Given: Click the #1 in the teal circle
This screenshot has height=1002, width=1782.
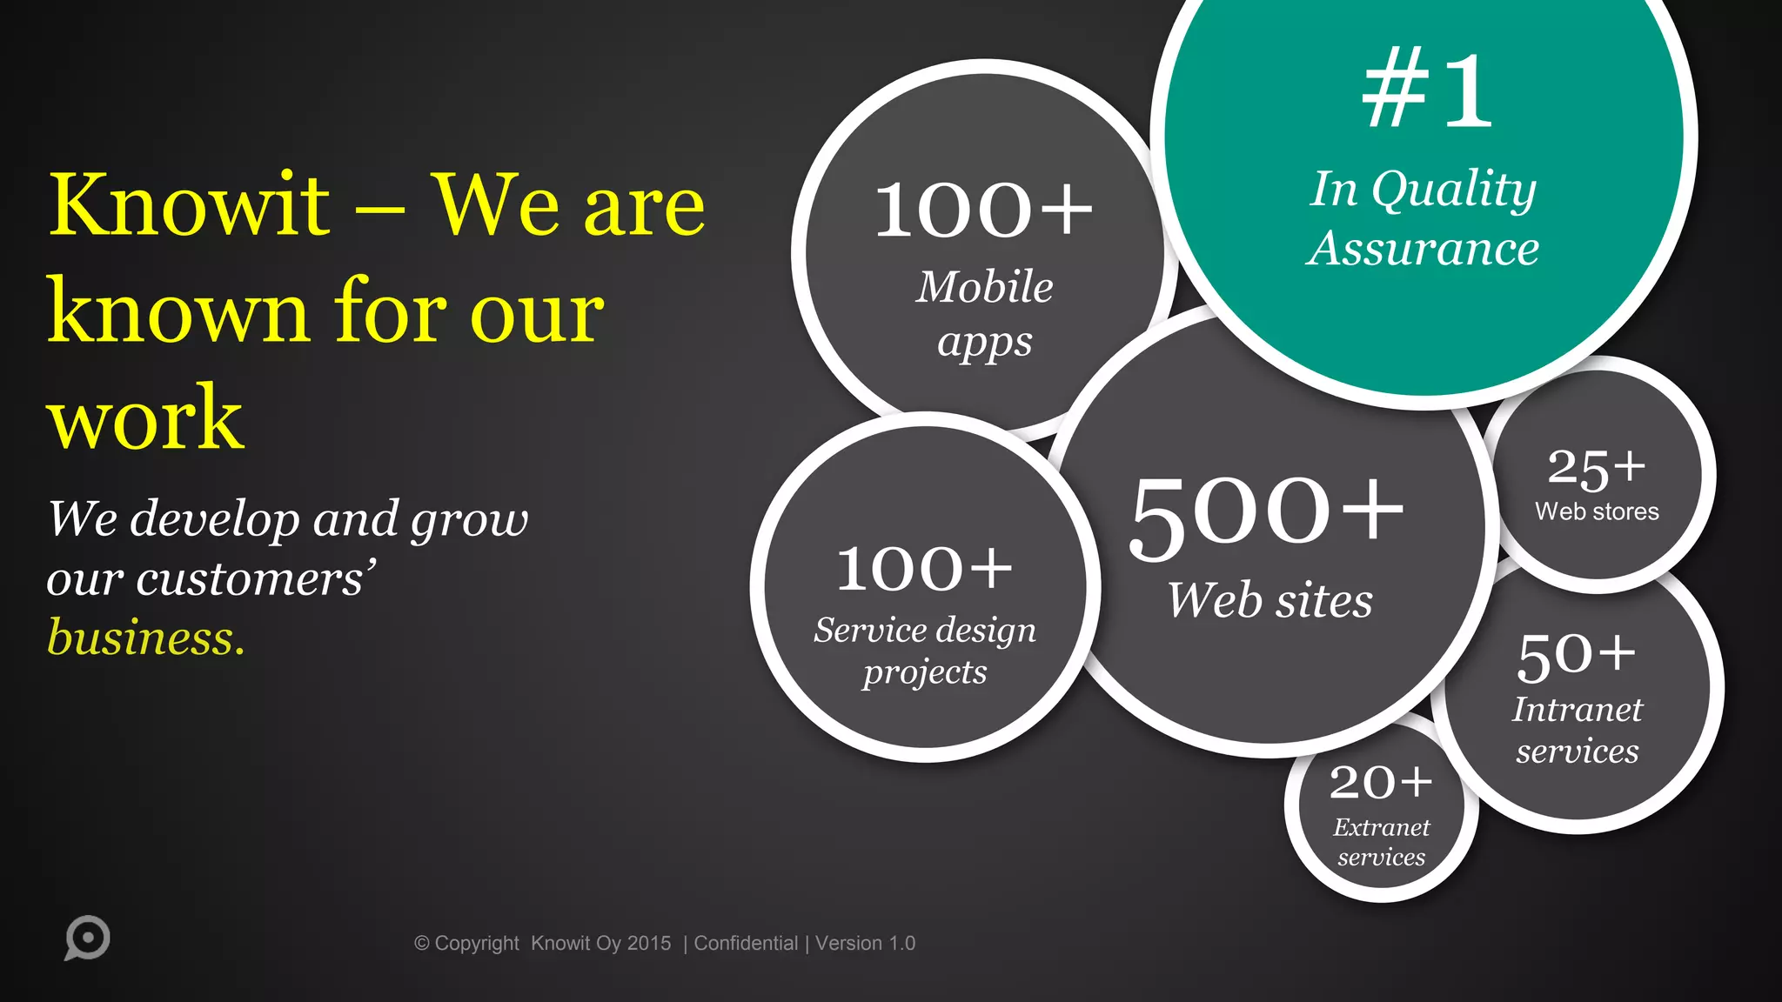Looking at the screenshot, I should pyautogui.click(x=1427, y=90).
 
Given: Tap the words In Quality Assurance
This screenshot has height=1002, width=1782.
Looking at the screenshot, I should pyautogui.click(x=1424, y=218).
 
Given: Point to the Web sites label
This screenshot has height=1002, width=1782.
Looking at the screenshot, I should pyautogui.click(x=1270, y=600).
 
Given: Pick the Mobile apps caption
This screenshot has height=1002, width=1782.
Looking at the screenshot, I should pyautogui.click(x=985, y=313).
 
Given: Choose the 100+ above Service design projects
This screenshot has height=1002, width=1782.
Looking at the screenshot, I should pyautogui.click(x=924, y=568).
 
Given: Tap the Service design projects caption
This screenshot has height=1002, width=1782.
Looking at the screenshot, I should pyautogui.click(x=925, y=651).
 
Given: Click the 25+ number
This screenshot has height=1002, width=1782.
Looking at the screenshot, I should pyautogui.click(x=1596, y=468).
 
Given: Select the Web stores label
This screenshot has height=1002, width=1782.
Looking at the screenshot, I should pyautogui.click(x=1597, y=511).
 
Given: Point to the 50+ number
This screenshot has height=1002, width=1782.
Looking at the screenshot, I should pyautogui.click(x=1576, y=656).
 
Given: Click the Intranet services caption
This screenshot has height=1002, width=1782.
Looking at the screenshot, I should pyautogui.click(x=1577, y=730).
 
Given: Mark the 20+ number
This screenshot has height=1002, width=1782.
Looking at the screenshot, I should pyautogui.click(x=1381, y=781).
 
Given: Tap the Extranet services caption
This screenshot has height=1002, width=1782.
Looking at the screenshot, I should pyautogui.click(x=1381, y=841).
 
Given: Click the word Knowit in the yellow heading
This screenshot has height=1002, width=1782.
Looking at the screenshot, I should pyautogui.click(x=189, y=205).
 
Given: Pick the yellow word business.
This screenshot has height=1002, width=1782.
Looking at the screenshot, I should pyautogui.click(x=146, y=638).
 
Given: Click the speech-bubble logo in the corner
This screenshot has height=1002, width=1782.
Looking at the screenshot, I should pyautogui.click(x=87, y=939).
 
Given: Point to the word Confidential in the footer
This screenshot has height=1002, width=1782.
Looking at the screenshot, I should pyautogui.click(x=746, y=943).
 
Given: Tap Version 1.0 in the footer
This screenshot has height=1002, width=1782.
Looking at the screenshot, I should pyautogui.click(x=865, y=943).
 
